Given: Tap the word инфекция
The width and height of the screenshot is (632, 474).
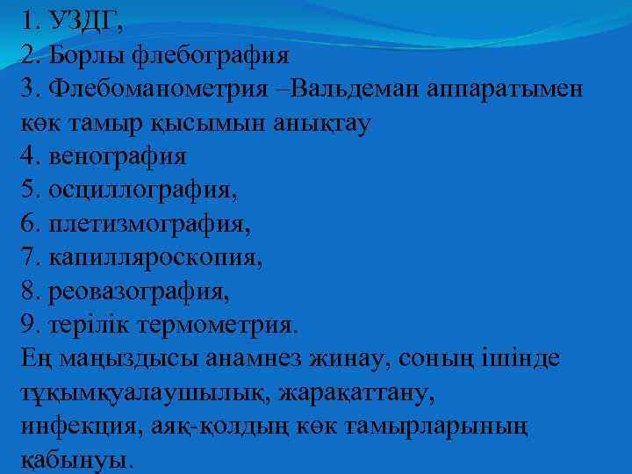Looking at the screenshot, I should tap(74, 426).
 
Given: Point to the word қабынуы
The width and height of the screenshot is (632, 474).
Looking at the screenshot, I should tap(75, 459).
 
